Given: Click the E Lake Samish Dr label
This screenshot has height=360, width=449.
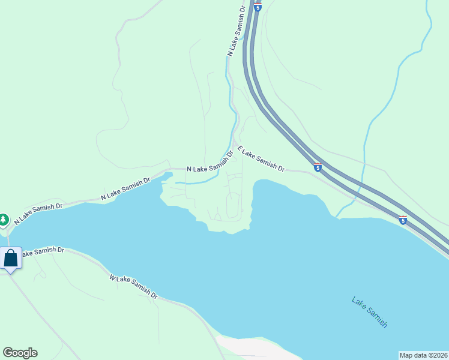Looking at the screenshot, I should click(x=261, y=159).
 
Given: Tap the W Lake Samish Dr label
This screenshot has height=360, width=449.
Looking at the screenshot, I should click(x=133, y=287).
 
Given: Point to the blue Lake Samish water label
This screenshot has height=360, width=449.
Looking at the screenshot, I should click(x=369, y=312).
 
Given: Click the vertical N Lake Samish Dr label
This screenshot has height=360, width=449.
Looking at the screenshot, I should click(x=235, y=31).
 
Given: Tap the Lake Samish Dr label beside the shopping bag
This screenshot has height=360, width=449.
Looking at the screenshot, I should click(x=42, y=252).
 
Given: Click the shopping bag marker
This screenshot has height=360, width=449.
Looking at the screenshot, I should click(x=11, y=259).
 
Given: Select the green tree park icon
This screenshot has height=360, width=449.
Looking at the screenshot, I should click(x=4, y=220).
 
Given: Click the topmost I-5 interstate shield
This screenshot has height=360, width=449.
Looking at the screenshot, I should click(x=258, y=7).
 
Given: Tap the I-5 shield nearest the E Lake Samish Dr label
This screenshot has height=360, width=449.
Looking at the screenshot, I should click(x=318, y=167).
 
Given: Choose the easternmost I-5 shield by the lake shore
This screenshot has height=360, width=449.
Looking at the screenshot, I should click(x=403, y=220).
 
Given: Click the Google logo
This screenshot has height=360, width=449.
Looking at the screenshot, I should click(x=20, y=353).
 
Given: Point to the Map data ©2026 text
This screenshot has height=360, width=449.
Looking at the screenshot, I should click(x=423, y=355).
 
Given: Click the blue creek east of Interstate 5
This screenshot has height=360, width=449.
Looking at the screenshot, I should click(x=367, y=132).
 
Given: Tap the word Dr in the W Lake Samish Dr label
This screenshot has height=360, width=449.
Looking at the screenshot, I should click(x=154, y=295).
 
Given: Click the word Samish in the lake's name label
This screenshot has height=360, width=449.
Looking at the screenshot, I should click(x=377, y=317).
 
